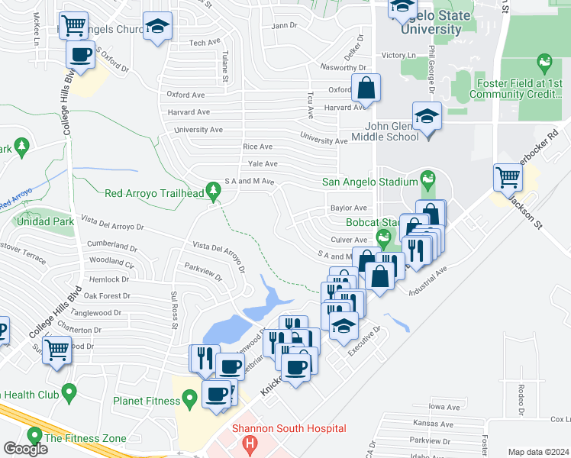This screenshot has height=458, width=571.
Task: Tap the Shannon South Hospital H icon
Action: coord(247,442)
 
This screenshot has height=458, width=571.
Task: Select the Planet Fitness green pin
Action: coord(188,399)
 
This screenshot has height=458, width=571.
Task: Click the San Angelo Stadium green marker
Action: coord(427,181)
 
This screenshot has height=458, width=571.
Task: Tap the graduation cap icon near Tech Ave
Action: coord(157,28)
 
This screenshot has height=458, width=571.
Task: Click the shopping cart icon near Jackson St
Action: coord(507,179)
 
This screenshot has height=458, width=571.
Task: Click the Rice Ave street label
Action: coord(257,147)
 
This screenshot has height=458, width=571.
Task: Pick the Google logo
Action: coord(25,449)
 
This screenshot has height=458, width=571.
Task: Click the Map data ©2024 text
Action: coord(538,452)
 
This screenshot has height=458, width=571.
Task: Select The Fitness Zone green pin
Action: coord(34,436)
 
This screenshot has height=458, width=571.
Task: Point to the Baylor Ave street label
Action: coord(349,208)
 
